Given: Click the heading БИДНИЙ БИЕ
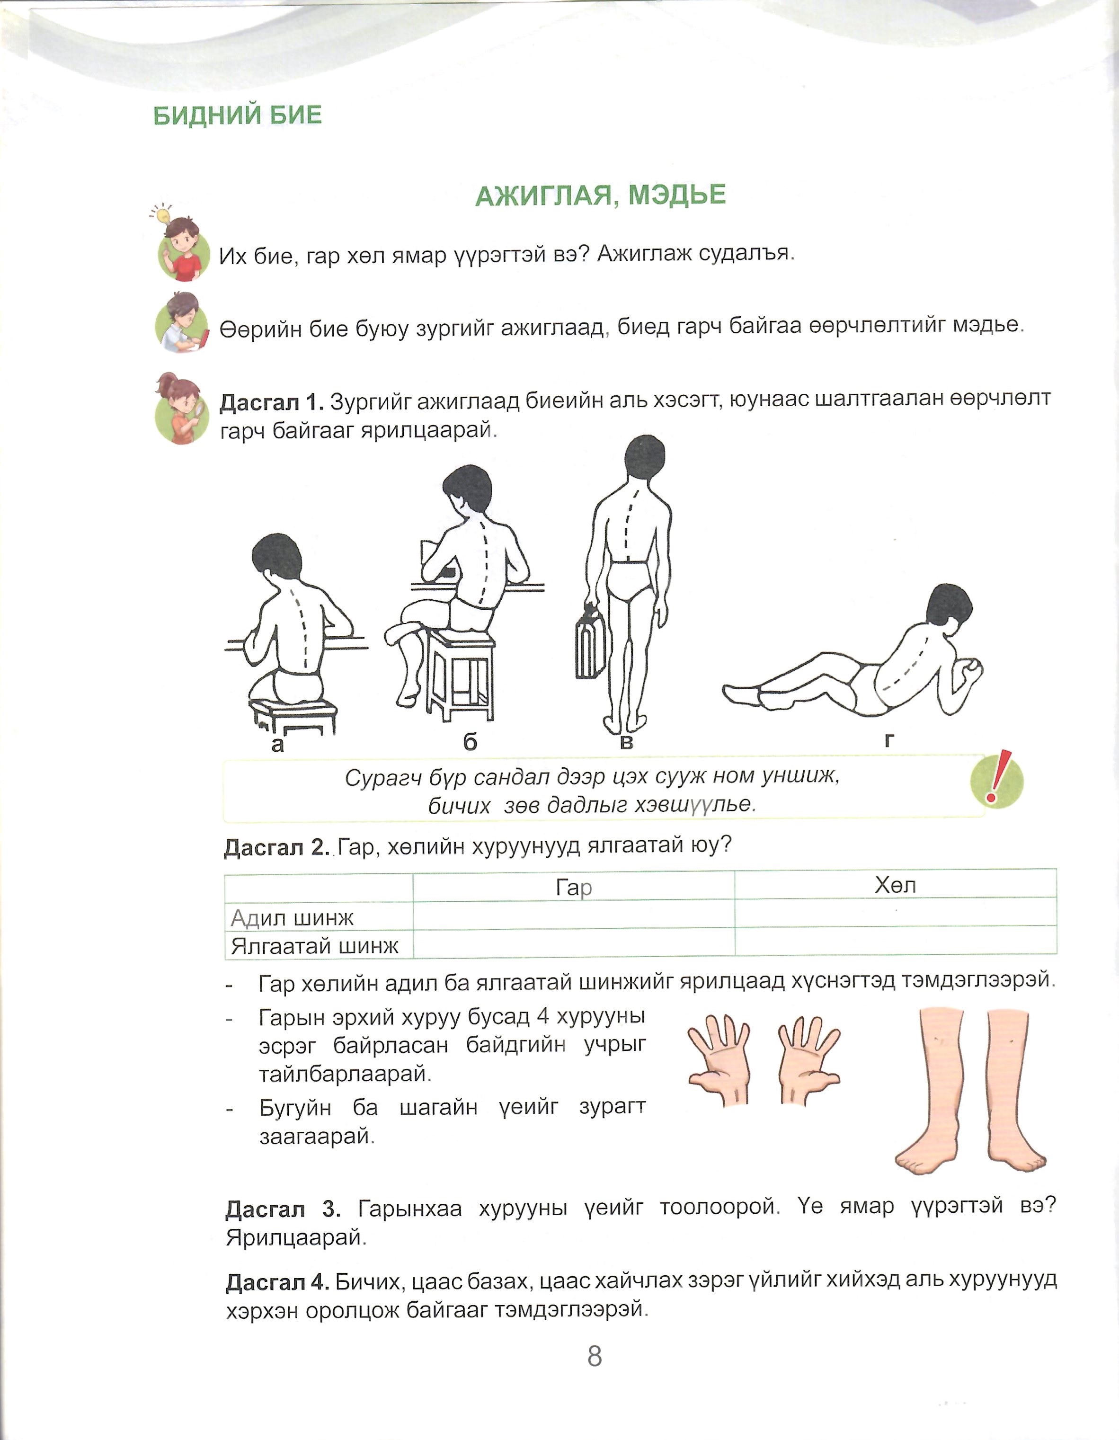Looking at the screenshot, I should [x=237, y=116].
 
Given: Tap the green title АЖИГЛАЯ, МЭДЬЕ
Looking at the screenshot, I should [x=600, y=195].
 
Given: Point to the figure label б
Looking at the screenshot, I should [x=470, y=742].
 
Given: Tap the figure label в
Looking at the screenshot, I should [x=626, y=742].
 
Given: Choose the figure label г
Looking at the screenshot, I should [x=889, y=740].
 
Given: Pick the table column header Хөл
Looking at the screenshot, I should [x=895, y=886].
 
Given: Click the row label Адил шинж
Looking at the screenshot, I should [x=292, y=917].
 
